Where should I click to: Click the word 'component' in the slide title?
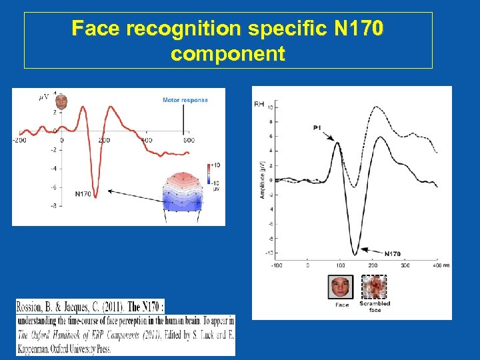pyautogui.click(x=228, y=53)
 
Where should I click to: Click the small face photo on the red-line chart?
pyautogui.click(x=61, y=102)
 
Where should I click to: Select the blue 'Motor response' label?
pyautogui.click(x=185, y=100)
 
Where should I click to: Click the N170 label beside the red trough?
pyautogui.click(x=83, y=194)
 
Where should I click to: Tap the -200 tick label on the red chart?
pyautogui.click(x=19, y=140)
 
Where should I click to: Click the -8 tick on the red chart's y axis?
pyautogui.click(x=53, y=205)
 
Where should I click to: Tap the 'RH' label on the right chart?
pyautogui.click(x=259, y=104)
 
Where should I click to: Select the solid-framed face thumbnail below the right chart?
pyautogui.click(x=341, y=287)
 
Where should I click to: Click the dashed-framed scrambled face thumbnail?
pyautogui.click(x=374, y=287)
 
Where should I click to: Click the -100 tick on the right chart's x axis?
pyautogui.click(x=274, y=265)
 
